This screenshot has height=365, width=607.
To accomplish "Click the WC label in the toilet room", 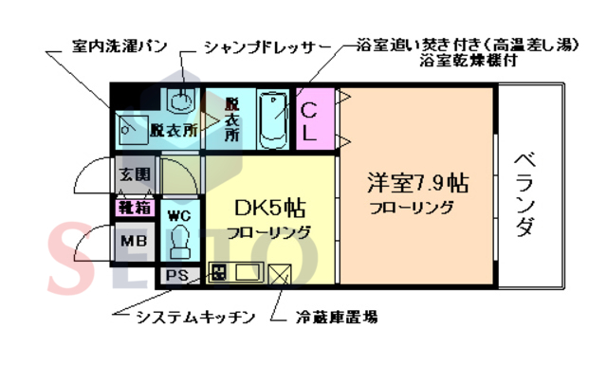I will tap(178, 215).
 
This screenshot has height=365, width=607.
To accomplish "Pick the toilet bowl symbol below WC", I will tap(178, 244).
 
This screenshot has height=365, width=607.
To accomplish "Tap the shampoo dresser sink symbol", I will tap(179, 100).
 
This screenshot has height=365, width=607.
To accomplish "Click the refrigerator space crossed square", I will tap(281, 275).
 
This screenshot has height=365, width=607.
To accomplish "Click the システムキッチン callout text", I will tap(195, 317).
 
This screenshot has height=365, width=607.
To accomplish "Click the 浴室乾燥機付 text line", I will tap(456, 61).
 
